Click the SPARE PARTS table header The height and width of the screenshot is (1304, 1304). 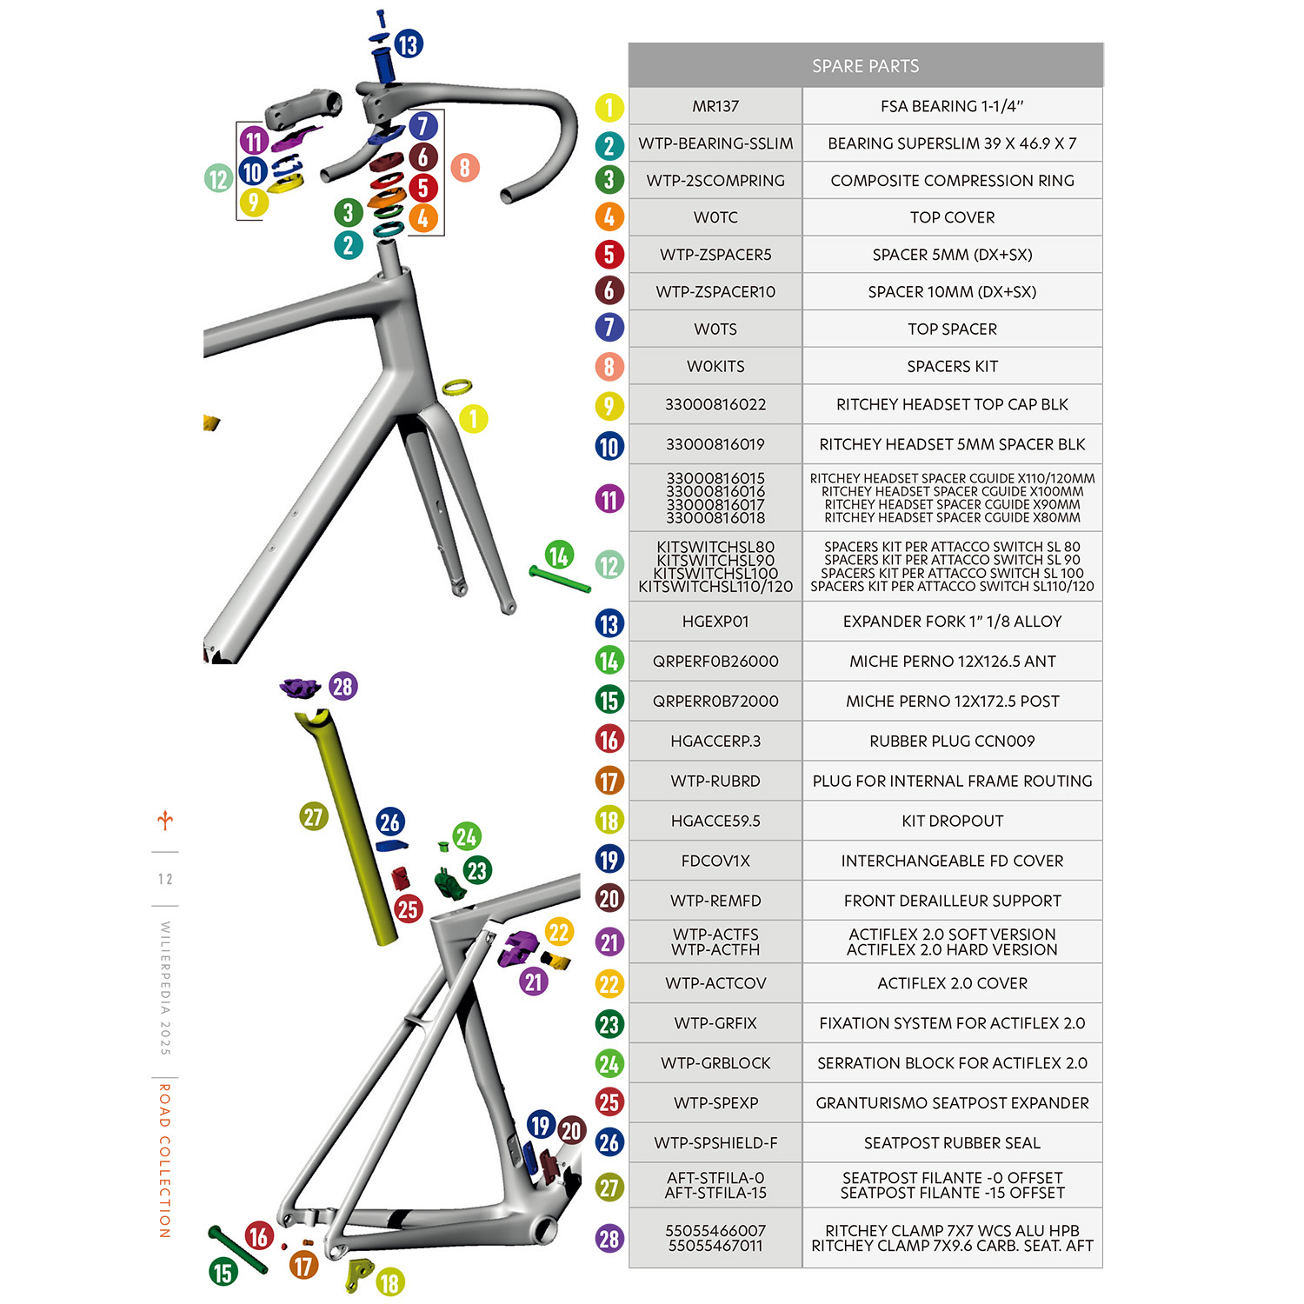pos(865,66)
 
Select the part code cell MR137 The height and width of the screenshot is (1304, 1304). pos(715,106)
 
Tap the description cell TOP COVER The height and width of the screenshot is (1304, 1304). pos(952,217)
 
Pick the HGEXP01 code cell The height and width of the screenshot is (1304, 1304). pos(715,622)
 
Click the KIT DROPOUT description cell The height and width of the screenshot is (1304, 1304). pos(952,821)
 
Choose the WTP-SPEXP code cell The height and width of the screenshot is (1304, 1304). pos(715,1102)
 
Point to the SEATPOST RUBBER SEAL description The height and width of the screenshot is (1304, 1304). pos(952,1142)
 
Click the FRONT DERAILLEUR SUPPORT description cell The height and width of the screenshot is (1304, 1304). pos(952,901)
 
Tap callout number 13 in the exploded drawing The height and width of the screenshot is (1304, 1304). pos(409,44)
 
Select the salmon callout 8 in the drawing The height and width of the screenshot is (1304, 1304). pos(464,167)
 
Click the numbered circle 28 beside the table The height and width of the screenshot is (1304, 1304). pos(609,1238)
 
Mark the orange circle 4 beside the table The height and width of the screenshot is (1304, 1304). pos(609,217)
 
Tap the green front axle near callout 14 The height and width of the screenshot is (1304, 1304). pos(559,580)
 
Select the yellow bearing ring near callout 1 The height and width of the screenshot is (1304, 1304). pos(456,387)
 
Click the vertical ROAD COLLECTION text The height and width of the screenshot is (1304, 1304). pos(164,1160)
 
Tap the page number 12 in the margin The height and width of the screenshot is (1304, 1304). pos(165,879)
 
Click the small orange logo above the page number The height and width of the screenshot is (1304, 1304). pos(165,820)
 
